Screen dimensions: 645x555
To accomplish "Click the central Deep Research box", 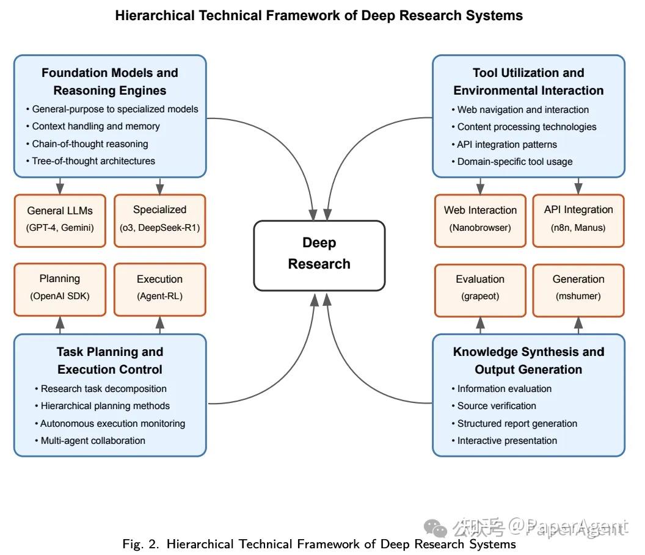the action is click(319, 255).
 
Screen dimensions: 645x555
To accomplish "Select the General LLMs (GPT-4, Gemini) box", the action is click(60, 221).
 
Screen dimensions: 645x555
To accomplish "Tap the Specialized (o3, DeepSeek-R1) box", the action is click(159, 221).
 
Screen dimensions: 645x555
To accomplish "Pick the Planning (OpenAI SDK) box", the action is click(60, 289).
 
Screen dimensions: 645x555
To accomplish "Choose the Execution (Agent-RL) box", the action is click(159, 289).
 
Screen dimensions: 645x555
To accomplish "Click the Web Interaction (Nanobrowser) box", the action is click(480, 221).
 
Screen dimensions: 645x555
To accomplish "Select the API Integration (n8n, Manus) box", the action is click(578, 221).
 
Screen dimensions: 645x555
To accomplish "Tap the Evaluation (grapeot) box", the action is click(480, 290).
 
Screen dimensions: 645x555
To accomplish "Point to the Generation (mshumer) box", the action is click(578, 290).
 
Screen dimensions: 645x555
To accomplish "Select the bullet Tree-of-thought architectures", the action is click(90, 161).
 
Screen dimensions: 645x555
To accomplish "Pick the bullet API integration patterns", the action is click(504, 144).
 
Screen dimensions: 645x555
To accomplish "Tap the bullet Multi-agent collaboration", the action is click(90, 441).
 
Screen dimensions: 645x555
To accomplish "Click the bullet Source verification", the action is click(494, 406).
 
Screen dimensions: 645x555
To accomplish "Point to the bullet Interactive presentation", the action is click(504, 441).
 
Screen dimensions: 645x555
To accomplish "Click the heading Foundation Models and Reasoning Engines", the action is click(110, 81).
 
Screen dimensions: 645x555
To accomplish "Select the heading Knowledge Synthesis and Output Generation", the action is click(528, 361).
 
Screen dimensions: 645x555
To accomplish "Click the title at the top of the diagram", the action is click(319, 16).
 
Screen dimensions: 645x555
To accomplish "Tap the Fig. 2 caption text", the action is click(319, 544).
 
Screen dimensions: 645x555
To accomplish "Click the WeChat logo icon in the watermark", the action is click(435, 528).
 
